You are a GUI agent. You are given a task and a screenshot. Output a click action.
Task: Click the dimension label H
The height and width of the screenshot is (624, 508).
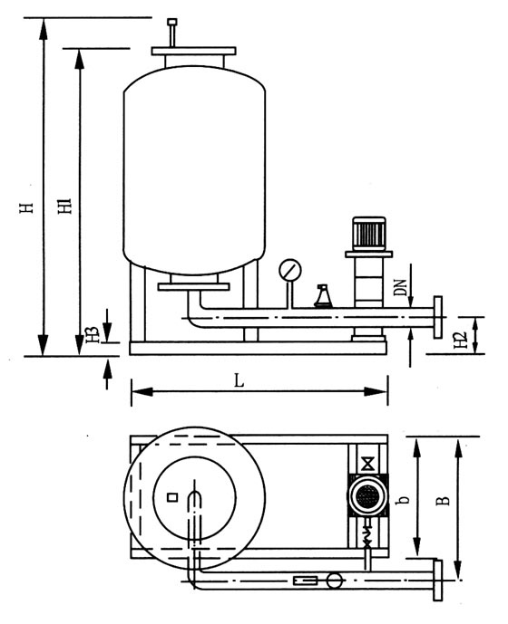[26, 207]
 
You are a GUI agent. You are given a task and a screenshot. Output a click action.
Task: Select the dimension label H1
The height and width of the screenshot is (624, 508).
[64, 206]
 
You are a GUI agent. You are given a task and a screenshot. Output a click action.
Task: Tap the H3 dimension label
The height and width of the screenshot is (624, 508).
[93, 335]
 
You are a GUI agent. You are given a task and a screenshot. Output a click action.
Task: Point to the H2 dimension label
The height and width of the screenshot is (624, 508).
[461, 341]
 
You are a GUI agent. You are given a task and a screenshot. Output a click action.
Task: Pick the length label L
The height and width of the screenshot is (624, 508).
[239, 381]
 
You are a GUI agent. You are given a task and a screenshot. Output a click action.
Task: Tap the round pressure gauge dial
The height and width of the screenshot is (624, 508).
[290, 270]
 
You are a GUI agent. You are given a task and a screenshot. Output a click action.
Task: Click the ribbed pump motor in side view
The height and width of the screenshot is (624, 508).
[369, 234]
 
